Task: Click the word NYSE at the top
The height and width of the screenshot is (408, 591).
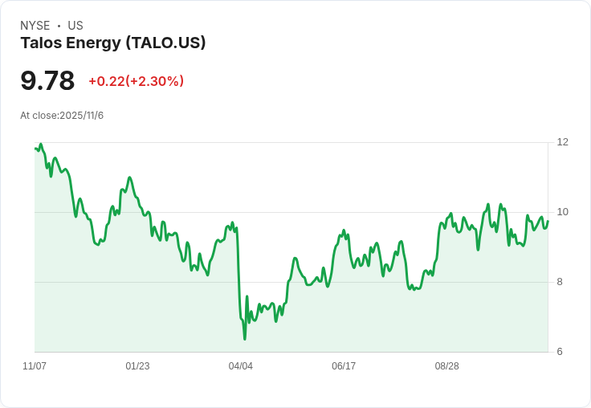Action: [35, 26]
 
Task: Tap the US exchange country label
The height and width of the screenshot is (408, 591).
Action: [75, 26]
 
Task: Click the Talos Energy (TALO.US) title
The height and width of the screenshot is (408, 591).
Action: [113, 43]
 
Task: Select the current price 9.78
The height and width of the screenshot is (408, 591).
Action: [47, 81]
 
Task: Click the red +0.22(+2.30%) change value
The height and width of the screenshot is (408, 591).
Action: [137, 81]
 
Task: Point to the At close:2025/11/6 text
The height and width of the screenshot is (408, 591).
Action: [62, 116]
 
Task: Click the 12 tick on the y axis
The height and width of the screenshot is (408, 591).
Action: [563, 142]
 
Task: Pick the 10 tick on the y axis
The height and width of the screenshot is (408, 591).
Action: [563, 212]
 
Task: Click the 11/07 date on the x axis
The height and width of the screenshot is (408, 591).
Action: [35, 366]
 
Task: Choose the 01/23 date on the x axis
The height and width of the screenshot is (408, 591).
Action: [137, 366]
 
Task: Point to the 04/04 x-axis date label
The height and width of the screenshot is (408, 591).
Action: [241, 366]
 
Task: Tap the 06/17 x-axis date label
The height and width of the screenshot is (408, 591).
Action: [344, 366]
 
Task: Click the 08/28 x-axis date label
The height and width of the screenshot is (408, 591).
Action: [447, 366]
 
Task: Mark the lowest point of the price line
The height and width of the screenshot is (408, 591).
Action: [245, 339]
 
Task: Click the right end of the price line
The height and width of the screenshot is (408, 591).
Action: [548, 221]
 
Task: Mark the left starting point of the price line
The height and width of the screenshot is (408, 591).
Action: [35, 148]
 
